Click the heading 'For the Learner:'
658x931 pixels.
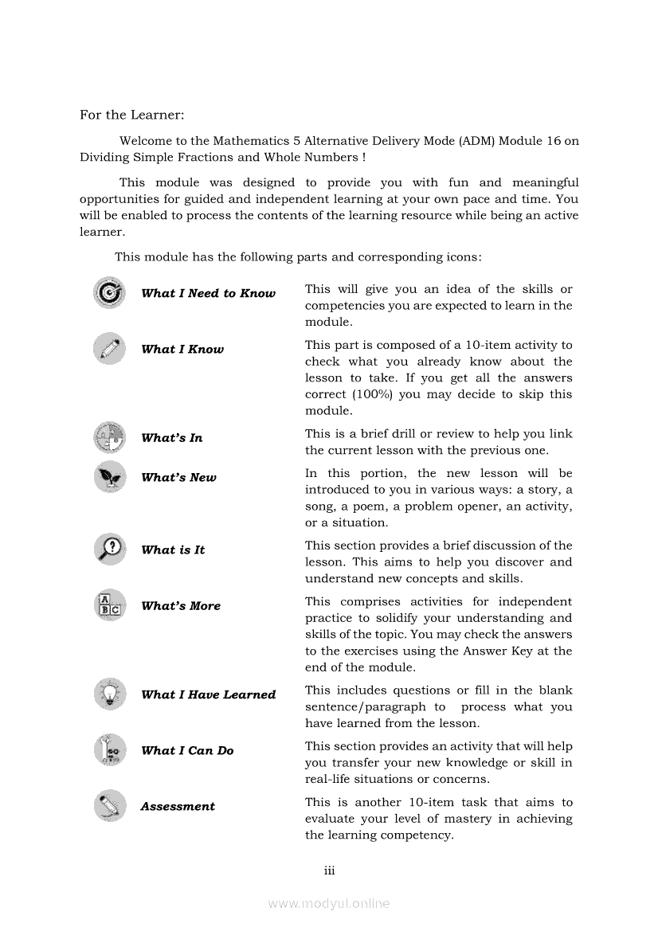[x=131, y=115]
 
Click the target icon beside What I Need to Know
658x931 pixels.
[x=109, y=292]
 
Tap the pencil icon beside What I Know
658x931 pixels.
[x=109, y=348]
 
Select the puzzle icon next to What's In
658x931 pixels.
[x=109, y=437]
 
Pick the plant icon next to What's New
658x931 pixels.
[x=109, y=477]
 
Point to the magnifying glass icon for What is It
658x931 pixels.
[x=109, y=549]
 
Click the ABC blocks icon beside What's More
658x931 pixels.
[x=109, y=605]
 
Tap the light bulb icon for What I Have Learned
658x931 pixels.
[x=109, y=694]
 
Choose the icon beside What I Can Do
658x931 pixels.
[x=109, y=750]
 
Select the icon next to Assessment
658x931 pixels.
[x=109, y=806]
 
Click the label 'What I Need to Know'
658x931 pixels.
[x=208, y=293]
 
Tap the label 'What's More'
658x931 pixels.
[x=181, y=606]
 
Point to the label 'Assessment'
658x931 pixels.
[x=178, y=807]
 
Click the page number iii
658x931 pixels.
[x=329, y=870]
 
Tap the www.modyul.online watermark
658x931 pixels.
[x=329, y=903]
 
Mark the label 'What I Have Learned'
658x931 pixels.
[x=208, y=694]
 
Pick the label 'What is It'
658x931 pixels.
[x=173, y=550]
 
